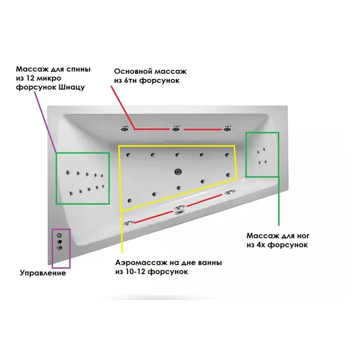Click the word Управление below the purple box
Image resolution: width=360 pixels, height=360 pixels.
43,273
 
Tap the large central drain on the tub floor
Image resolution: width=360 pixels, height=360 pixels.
178,171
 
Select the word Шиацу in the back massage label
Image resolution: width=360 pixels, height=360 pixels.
72,88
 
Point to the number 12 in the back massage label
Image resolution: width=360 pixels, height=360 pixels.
32,78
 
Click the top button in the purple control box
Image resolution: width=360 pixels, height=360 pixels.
59,235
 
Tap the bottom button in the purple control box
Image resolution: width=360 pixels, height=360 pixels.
60,248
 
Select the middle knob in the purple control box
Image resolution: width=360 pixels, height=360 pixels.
60,241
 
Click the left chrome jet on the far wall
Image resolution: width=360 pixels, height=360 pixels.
125,129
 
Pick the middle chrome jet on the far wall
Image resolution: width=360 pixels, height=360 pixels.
176,129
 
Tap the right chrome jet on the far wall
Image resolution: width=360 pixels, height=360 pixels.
227,129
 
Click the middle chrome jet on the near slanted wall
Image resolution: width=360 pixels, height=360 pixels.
179,210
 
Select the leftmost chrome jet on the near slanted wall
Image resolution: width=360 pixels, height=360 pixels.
128,223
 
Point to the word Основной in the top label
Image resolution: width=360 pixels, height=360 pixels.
133,71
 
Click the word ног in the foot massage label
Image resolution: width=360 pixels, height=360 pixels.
301,236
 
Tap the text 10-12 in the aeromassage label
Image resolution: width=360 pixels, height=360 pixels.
135,272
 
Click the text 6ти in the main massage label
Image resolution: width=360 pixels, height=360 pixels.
130,81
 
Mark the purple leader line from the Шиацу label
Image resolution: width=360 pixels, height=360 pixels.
45,123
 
